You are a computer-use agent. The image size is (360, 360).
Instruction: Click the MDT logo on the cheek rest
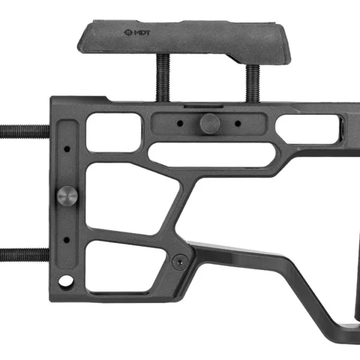point(137,32)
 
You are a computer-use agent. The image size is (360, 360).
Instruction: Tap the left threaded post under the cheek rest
point(163,77)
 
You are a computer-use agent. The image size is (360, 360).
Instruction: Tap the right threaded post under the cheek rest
point(253,83)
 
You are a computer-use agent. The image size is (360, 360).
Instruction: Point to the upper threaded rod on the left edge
point(25,131)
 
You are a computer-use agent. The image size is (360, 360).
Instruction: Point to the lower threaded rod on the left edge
point(25,254)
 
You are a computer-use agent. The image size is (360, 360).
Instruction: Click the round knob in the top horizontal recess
point(210,123)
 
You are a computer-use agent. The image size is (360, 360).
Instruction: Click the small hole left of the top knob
point(180,124)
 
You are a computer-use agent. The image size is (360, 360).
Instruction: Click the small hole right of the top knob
point(238,124)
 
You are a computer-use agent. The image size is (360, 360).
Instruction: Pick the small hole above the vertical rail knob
point(67,149)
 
